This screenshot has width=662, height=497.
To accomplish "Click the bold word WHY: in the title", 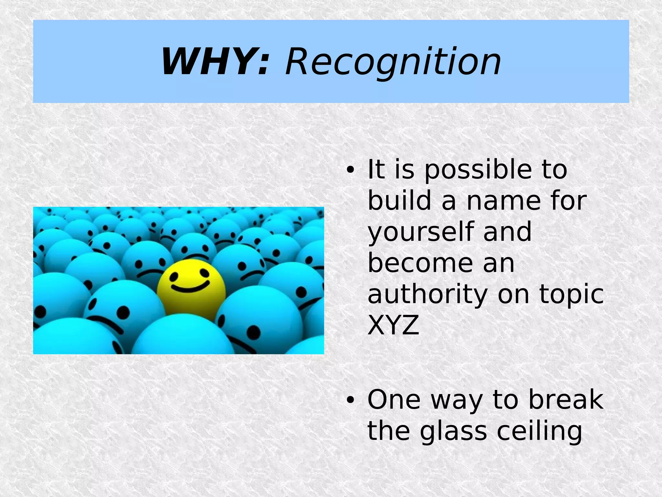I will click(x=215, y=62).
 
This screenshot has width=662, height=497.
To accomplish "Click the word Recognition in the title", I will click(x=393, y=62).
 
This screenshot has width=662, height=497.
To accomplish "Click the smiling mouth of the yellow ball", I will click(x=190, y=287).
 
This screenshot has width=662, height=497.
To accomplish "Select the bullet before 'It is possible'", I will click(x=349, y=170).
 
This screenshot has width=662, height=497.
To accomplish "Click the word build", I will click(x=400, y=201).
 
